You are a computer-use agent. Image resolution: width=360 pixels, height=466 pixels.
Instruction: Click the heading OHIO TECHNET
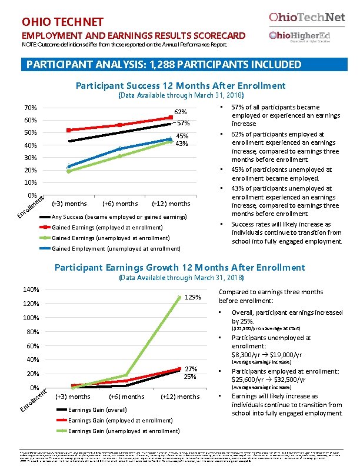(x=62, y=22)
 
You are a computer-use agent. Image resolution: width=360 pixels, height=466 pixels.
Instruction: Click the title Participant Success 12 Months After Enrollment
(x=181, y=86)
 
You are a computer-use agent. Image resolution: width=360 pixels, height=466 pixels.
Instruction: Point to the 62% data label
(x=181, y=112)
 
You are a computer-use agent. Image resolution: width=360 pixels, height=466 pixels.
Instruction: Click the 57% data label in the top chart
(x=183, y=124)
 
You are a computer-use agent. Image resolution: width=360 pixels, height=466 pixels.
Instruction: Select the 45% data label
(x=182, y=136)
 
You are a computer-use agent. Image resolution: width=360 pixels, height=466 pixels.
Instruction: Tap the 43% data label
(x=182, y=144)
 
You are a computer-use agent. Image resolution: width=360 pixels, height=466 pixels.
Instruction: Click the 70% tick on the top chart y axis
(x=31, y=108)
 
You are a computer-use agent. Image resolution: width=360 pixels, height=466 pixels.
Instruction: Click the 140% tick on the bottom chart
(x=31, y=289)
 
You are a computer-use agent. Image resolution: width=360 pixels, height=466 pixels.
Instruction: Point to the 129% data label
(x=194, y=297)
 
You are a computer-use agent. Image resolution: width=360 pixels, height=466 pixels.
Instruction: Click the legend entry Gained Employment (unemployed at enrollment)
(x=108, y=249)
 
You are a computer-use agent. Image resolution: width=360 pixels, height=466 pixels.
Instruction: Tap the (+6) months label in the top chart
(x=120, y=204)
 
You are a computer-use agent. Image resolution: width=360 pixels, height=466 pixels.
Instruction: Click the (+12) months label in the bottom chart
(x=180, y=396)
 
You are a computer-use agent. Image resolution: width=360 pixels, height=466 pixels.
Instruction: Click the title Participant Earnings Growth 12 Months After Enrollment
(x=180, y=268)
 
